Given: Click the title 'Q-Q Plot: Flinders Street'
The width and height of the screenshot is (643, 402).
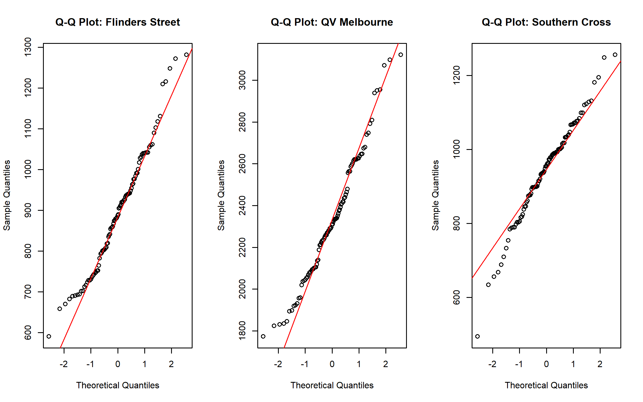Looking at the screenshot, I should [117, 22].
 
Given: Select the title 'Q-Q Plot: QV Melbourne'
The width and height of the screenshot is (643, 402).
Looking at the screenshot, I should [332, 22].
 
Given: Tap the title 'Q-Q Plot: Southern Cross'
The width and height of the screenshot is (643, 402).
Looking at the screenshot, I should [546, 22].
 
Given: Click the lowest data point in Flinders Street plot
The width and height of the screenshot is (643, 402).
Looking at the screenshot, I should [49, 336].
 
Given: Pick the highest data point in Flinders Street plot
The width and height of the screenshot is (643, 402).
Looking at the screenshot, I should [186, 55].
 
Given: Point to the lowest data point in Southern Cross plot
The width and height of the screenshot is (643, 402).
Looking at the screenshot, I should [478, 336].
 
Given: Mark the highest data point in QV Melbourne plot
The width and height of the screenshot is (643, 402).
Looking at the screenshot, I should [401, 55].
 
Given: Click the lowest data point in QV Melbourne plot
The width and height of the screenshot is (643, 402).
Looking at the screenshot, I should [263, 336].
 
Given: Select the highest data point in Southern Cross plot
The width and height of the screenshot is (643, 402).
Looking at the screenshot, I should [615, 55].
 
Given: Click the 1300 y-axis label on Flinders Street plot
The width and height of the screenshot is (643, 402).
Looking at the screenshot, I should [28, 47].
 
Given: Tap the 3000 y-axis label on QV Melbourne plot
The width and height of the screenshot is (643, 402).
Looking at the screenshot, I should [243, 80].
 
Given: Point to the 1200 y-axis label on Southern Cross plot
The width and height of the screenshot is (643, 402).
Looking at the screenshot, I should [457, 75].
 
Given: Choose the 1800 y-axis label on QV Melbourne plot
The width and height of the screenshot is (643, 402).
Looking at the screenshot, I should [243, 331].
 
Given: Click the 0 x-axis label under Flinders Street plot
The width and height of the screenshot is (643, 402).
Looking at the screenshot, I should [118, 364].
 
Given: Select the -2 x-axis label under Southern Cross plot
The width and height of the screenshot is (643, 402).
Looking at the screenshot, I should [492, 364].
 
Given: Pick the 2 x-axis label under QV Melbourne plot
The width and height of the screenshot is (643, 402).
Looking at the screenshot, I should [386, 364].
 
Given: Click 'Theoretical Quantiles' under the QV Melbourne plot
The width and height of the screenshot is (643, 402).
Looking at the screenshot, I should [332, 385].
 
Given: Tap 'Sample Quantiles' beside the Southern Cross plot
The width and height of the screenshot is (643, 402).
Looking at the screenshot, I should [435, 195].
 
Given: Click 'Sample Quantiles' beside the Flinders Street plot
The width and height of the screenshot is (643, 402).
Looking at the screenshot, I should [7, 195].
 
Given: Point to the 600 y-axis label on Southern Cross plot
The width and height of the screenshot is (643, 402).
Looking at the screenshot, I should [457, 297].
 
